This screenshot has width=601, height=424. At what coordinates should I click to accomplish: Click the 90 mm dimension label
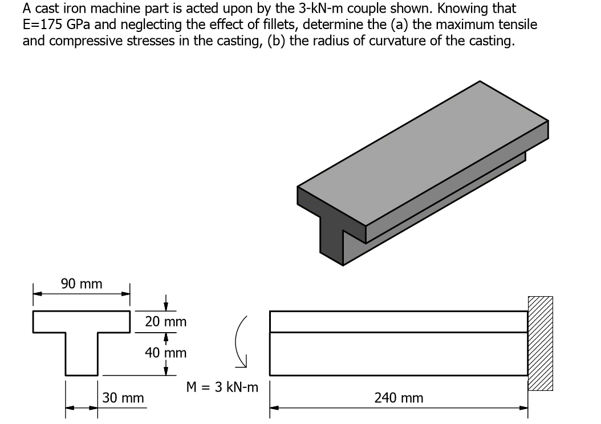pyautogui.click(x=82, y=284)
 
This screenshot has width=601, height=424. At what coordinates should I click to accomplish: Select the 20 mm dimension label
pyautogui.click(x=165, y=322)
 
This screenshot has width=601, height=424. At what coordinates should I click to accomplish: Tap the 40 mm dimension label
pyautogui.click(x=165, y=353)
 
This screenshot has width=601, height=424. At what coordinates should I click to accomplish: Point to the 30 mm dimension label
pyautogui.click(x=123, y=398)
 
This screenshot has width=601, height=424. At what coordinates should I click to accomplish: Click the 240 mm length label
pyautogui.click(x=399, y=398)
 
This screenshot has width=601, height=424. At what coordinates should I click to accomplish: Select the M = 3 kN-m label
pyautogui.click(x=222, y=388)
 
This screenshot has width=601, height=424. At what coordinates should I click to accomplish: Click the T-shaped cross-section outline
pyautogui.click(x=82, y=342)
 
